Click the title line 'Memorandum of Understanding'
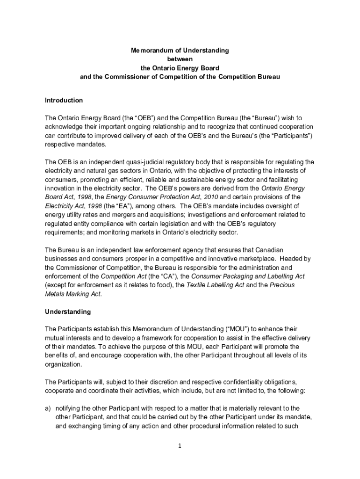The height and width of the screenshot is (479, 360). click(x=180, y=50)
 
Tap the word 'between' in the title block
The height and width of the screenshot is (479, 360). click(x=180, y=59)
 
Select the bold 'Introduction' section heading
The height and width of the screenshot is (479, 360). click(x=64, y=100)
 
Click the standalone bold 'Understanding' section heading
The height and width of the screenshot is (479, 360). click(x=68, y=311)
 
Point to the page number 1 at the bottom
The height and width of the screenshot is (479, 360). click(x=180, y=446)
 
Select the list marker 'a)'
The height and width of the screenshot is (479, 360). click(x=48, y=408)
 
